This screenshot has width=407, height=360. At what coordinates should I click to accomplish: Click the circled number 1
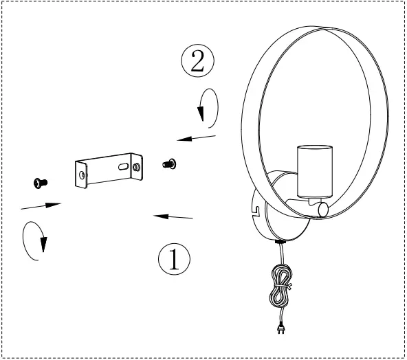tap(175, 260)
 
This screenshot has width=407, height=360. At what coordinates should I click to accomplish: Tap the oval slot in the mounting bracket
tap(122, 166)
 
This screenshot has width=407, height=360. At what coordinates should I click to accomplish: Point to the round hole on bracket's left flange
tap(83, 176)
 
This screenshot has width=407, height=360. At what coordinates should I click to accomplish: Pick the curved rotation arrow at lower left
tap(35, 242)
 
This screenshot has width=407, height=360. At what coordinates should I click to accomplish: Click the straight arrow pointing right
tap(41, 204)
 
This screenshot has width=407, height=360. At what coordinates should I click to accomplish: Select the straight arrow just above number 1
tap(173, 217)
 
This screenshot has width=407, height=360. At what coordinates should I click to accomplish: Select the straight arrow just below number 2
tap(197, 139)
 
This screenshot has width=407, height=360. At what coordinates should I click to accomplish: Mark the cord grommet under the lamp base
tap(280, 243)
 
